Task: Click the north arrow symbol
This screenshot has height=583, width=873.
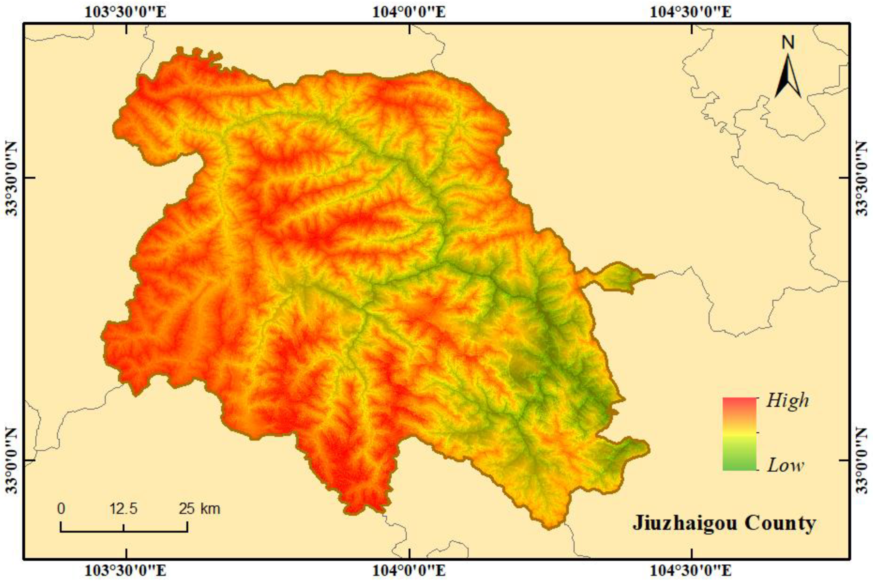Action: [x=788, y=77]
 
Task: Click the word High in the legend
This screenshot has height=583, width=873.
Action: [x=787, y=400]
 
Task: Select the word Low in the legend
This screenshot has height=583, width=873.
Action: [x=786, y=465]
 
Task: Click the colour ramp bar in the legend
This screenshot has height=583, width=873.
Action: [x=739, y=434]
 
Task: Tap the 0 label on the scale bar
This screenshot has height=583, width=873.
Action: [x=61, y=508]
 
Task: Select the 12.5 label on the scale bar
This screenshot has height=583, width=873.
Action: [x=123, y=508]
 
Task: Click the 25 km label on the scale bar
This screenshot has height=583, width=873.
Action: [x=199, y=508]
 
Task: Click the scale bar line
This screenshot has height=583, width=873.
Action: [x=124, y=531]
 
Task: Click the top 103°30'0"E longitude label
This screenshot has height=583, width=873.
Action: [x=126, y=12]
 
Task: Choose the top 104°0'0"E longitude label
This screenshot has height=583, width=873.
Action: [x=409, y=12]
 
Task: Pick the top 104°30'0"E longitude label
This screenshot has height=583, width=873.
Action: [x=690, y=12]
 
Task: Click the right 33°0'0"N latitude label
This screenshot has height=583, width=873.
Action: [x=861, y=460]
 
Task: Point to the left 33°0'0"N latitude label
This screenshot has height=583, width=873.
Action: [x=12, y=460]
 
